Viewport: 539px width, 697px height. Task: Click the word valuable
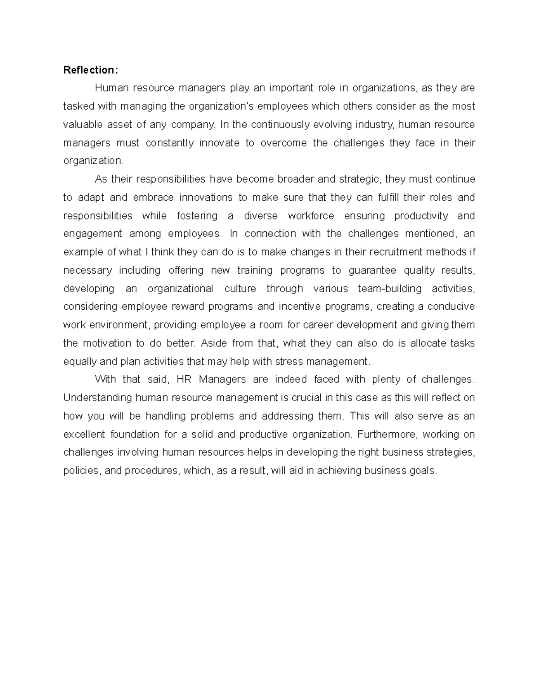point(82,124)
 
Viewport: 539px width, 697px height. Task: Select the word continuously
point(280,124)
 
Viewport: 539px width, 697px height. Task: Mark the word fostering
point(197,216)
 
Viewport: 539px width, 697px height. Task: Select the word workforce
point(311,216)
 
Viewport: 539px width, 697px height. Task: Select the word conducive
point(451,307)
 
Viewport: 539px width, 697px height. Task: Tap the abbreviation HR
point(184,380)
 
